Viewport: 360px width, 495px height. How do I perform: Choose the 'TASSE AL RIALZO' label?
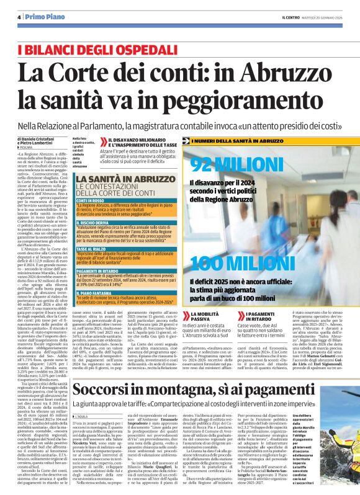pyautogui.click(x=91, y=249)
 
